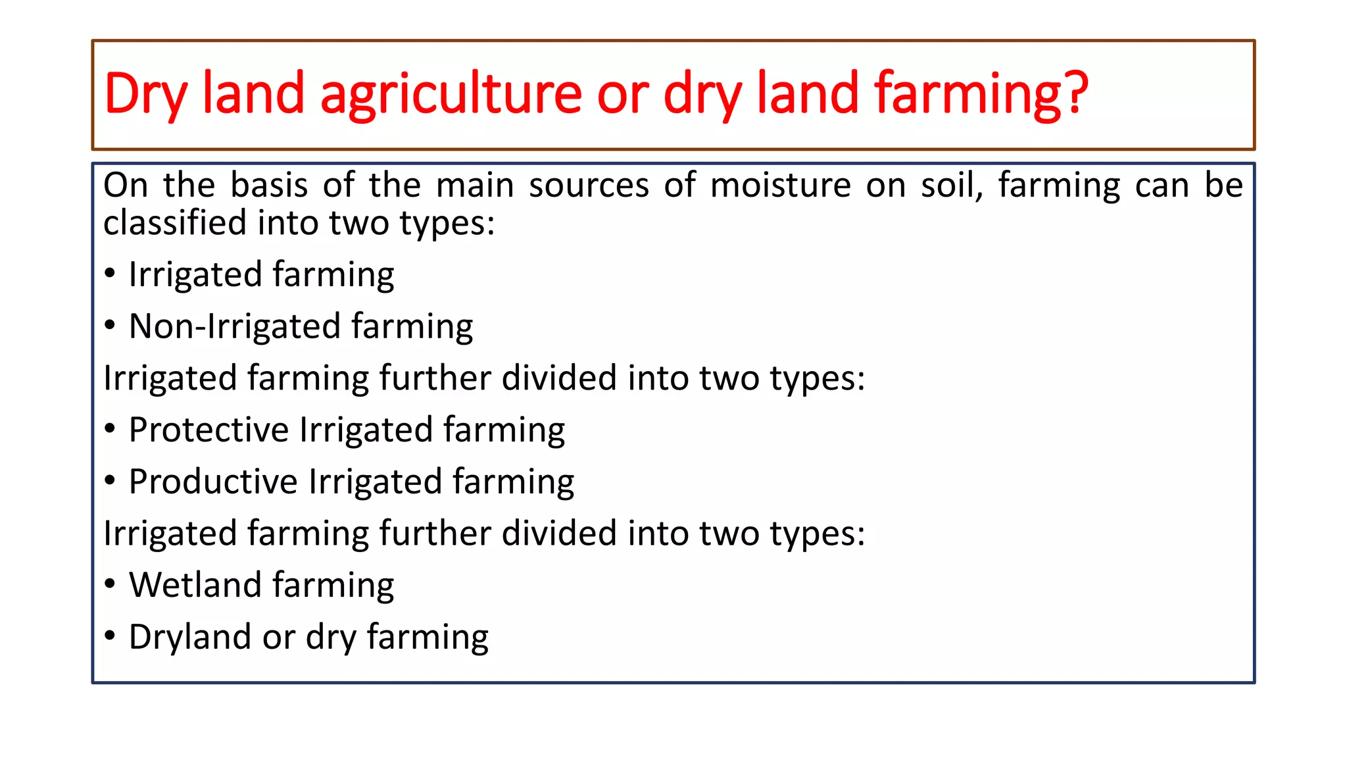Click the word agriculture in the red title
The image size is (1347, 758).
pyautogui.click(x=451, y=94)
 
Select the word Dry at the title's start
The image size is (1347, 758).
pyautogui.click(x=145, y=94)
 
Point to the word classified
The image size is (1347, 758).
pyautogui.click(x=174, y=222)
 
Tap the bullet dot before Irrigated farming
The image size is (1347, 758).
pyautogui.click(x=110, y=273)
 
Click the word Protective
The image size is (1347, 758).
pyautogui.click(x=208, y=430)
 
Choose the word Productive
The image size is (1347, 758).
pyautogui.click(x=213, y=482)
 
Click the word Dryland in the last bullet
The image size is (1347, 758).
pyautogui.click(x=190, y=637)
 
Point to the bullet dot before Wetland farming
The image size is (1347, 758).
pyautogui.click(x=110, y=584)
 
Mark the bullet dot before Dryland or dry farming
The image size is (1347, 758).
pyautogui.click(x=110, y=636)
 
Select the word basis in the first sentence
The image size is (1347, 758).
pyautogui.click(x=269, y=185)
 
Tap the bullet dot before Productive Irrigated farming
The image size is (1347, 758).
pyautogui.click(x=110, y=480)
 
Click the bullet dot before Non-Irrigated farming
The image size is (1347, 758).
pyautogui.click(x=110, y=325)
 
